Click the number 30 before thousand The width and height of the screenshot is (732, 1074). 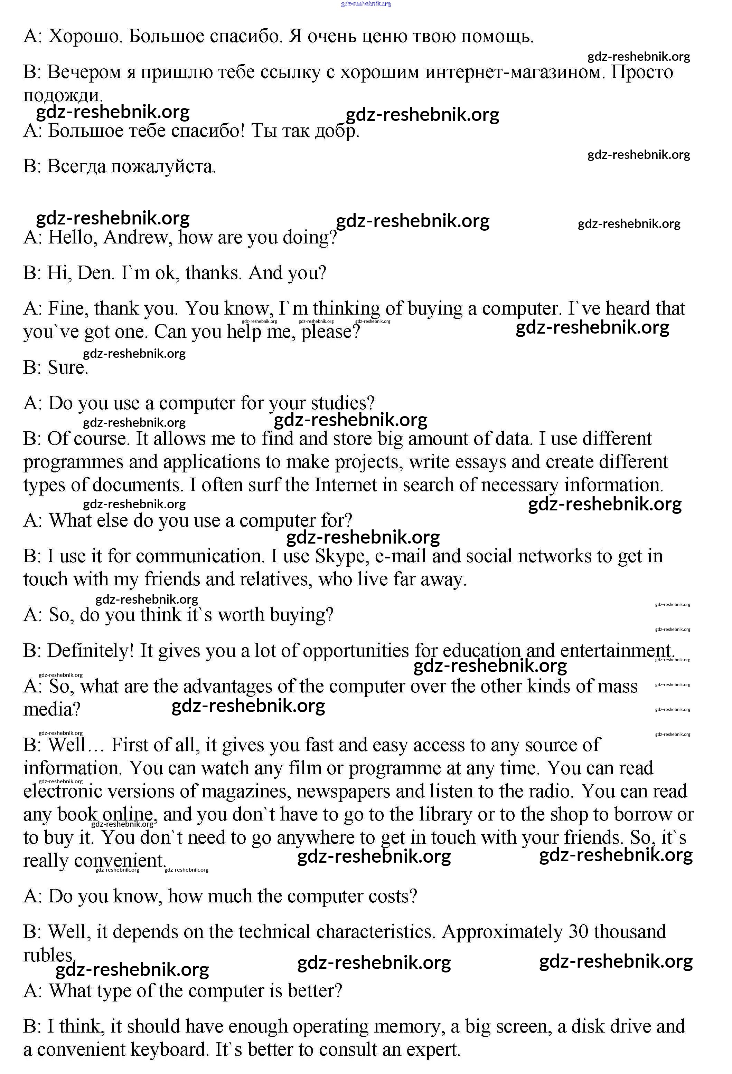[x=578, y=932]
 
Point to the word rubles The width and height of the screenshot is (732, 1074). [x=48, y=955]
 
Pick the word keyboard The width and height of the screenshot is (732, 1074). [x=168, y=1049]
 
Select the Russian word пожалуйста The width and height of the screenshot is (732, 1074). [x=163, y=166]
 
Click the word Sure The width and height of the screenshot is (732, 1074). [x=67, y=368]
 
